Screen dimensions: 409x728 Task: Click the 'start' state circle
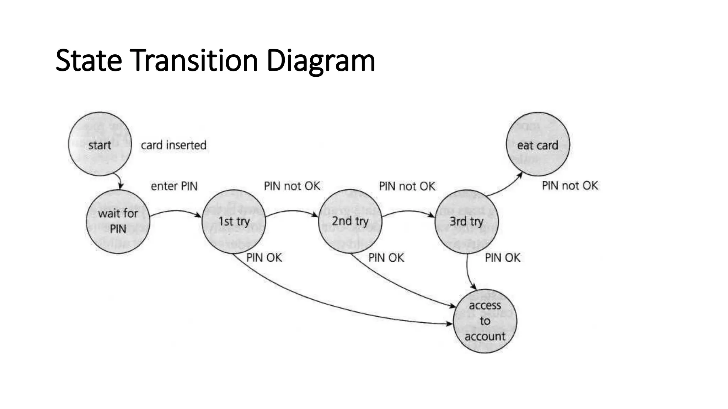[100, 144]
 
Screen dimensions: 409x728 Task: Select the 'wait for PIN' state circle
[118, 221]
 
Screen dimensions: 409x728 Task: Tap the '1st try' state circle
[234, 221]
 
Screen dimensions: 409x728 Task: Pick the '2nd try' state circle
[350, 221]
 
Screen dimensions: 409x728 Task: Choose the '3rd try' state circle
[466, 221]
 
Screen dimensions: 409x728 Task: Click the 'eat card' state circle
[537, 144]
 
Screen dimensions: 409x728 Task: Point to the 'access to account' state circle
[485, 321]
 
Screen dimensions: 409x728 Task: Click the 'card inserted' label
[173, 145]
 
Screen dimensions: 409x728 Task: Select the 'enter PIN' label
[174, 186]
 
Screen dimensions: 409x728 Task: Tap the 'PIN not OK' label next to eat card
[570, 186]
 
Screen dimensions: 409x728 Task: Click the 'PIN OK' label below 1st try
[264, 258]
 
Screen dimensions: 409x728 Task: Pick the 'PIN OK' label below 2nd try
[386, 258]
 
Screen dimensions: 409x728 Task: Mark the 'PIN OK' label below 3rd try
[502, 258]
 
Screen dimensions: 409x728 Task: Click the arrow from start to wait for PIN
[119, 180]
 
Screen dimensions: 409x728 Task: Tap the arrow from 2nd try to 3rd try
[409, 212]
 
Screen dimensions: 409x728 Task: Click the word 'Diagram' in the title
[321, 61]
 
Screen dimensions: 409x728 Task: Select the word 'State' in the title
[89, 61]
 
